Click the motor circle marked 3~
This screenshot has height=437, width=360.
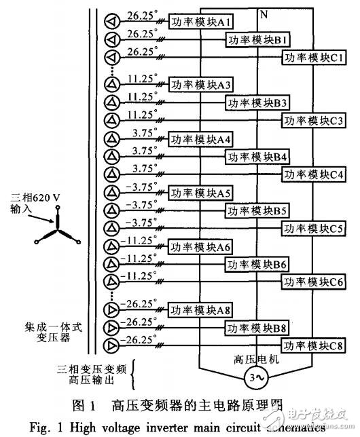pos(257,378)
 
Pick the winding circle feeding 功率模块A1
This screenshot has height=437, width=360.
pos(111,22)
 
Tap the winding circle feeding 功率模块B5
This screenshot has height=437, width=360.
pos(111,211)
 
